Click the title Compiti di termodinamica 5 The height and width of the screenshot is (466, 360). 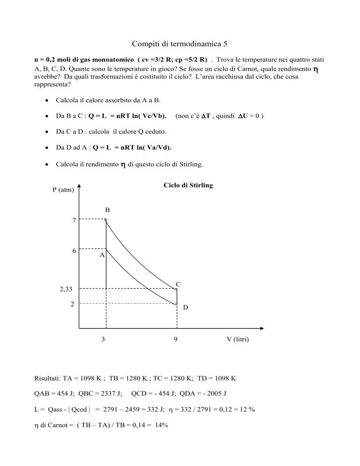(180, 44)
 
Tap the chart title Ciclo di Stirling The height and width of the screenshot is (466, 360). (188, 186)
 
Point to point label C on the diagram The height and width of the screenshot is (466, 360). (179, 284)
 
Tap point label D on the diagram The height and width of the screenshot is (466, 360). (186, 308)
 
